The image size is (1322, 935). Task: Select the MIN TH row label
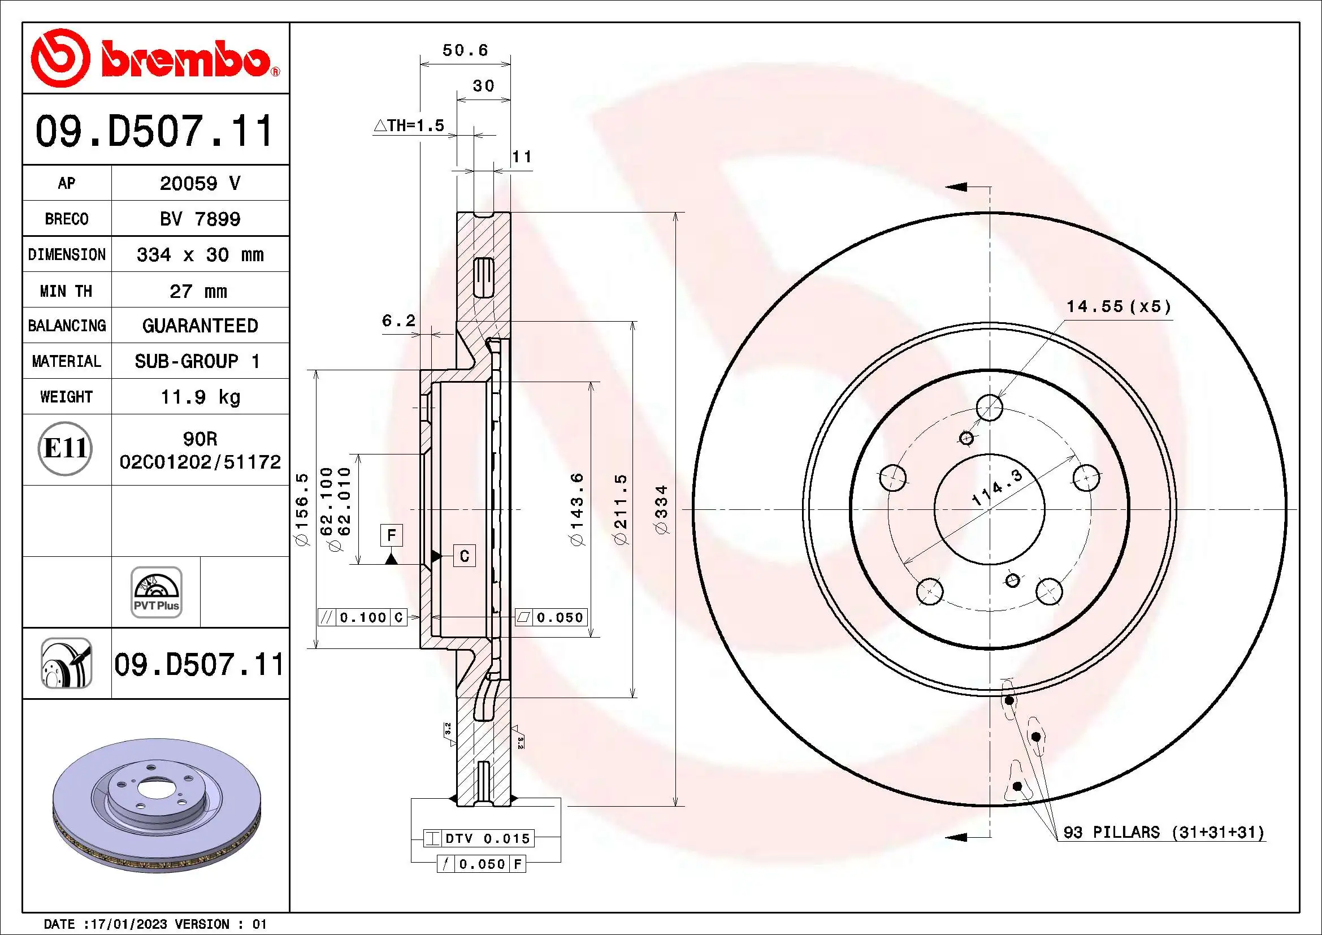click(66, 291)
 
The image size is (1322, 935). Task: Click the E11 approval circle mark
click(65, 448)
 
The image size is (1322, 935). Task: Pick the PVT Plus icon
click(156, 592)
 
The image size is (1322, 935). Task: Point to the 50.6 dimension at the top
click(465, 51)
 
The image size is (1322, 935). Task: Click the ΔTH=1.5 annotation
click(409, 125)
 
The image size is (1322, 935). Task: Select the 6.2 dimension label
click(398, 321)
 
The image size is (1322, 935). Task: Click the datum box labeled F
click(392, 535)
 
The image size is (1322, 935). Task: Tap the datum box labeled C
click(465, 556)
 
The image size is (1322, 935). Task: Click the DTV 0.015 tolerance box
click(479, 838)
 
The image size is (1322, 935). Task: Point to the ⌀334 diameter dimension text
click(662, 509)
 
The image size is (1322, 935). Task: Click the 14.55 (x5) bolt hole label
click(1118, 306)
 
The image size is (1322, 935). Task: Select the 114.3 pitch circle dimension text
click(996, 487)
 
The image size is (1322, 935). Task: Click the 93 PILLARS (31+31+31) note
click(1163, 832)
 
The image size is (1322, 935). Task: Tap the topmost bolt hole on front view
click(989, 408)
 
